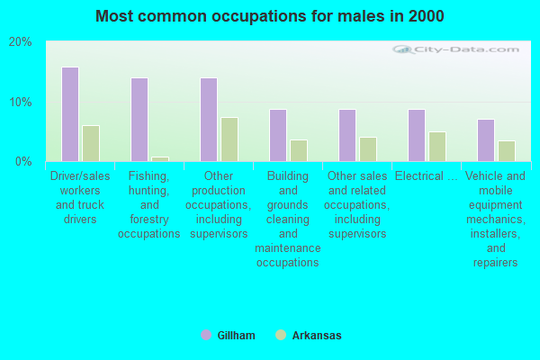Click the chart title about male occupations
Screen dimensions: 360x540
click(x=269, y=16)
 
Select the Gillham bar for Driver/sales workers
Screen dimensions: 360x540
click(x=69, y=114)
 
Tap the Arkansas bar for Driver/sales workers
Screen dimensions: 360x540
click(x=90, y=143)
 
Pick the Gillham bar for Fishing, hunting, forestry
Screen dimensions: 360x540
click(x=139, y=120)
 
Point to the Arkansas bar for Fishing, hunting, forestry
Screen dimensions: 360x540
click(x=159, y=158)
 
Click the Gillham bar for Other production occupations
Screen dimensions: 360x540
click(x=208, y=120)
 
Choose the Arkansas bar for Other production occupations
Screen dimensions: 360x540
click(x=229, y=139)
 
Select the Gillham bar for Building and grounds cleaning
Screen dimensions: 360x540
click(x=277, y=135)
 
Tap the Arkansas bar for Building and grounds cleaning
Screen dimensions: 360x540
click(x=298, y=150)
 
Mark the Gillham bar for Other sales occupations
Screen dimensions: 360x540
click(x=346, y=135)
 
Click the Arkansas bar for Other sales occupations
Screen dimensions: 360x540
click(x=367, y=149)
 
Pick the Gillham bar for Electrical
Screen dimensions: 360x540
click(x=416, y=135)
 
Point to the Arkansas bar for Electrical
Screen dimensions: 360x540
click(x=436, y=147)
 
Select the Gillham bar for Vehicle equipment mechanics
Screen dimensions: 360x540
click(x=485, y=140)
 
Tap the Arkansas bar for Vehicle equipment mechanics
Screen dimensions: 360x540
click(x=506, y=151)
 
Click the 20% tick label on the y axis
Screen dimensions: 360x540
click(x=21, y=42)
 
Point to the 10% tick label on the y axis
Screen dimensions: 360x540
click(x=21, y=102)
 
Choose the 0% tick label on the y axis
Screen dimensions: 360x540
click(x=23, y=162)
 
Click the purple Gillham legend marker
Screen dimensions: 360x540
click(x=206, y=336)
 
